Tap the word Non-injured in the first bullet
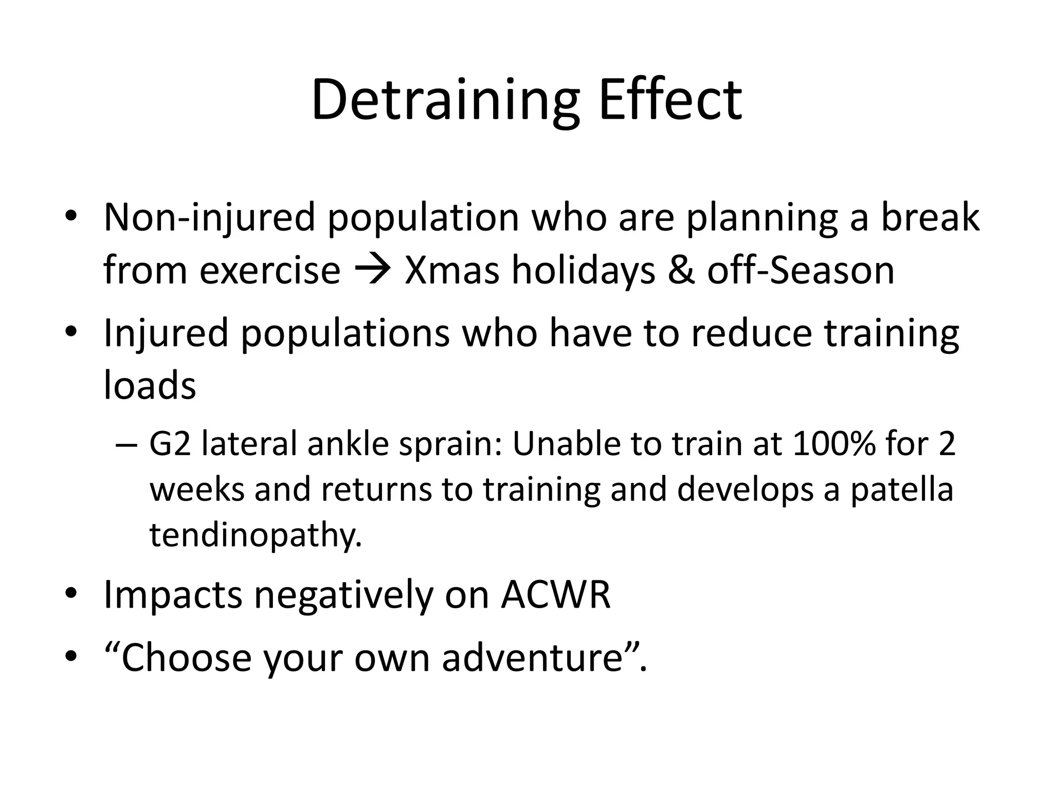point(209,218)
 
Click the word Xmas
point(451,270)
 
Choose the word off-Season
point(801,270)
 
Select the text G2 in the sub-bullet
point(170,444)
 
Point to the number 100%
point(833,444)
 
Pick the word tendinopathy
point(256,535)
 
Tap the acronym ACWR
point(556,595)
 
